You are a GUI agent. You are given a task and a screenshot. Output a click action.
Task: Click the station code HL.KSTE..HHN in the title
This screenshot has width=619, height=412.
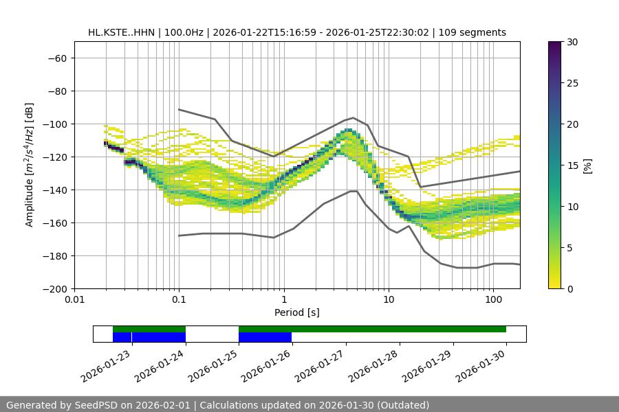pyautogui.click(x=121, y=32)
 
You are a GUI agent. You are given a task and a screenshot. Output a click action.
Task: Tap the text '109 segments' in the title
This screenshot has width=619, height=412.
pyautogui.click(x=475, y=32)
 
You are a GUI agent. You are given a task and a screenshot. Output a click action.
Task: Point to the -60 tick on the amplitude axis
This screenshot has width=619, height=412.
pyautogui.click(x=57, y=58)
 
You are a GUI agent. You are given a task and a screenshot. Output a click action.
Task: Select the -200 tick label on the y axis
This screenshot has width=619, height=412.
pyautogui.click(x=54, y=288)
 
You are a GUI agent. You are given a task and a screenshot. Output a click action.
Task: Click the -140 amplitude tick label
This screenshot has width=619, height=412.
pyautogui.click(x=54, y=190)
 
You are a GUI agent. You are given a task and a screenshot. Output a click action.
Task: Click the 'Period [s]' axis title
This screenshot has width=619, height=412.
pyautogui.click(x=296, y=312)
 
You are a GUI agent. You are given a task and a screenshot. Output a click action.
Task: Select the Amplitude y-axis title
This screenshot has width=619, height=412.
pyautogui.click(x=30, y=165)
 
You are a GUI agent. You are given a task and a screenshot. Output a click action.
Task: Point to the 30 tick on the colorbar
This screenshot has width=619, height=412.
pyautogui.click(x=572, y=42)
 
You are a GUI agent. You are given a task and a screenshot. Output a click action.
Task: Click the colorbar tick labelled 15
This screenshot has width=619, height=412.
pyautogui.click(x=572, y=165)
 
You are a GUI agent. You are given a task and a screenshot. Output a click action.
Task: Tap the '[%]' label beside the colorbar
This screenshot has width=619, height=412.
pyautogui.click(x=587, y=165)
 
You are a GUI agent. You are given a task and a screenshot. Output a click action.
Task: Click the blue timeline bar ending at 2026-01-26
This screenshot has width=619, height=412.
pyautogui.click(x=265, y=337)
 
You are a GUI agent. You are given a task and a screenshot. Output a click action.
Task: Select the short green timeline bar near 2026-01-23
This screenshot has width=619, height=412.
pyautogui.click(x=149, y=329)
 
